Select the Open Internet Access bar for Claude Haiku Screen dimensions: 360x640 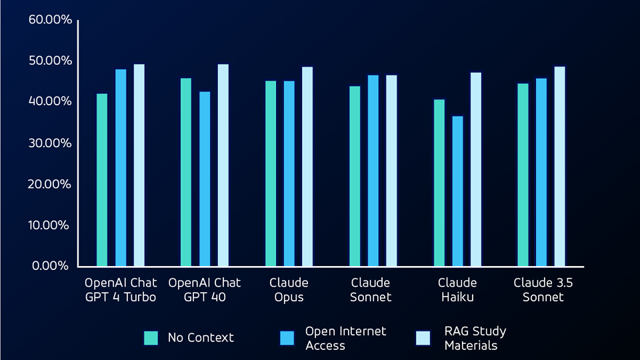click(x=457, y=191)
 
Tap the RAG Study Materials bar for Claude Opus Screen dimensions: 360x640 click(x=307, y=166)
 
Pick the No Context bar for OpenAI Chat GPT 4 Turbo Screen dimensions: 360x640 click(x=102, y=179)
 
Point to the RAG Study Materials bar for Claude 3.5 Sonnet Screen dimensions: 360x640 click(x=559, y=166)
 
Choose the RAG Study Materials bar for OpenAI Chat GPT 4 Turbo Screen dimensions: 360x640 click(x=139, y=165)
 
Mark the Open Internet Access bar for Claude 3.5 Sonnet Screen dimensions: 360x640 click(x=541, y=172)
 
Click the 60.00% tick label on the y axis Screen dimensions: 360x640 click(x=50, y=19)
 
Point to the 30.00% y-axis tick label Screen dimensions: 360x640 click(x=50, y=143)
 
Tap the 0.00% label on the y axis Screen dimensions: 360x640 click(x=53, y=266)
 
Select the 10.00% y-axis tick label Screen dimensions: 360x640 click(x=50, y=225)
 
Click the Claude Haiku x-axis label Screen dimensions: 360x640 click(x=457, y=290)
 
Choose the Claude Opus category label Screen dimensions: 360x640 click(x=289, y=290)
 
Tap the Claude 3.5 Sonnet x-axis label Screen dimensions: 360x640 click(x=543, y=290)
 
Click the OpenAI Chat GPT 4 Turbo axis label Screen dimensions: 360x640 click(x=121, y=290)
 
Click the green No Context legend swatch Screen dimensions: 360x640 click(x=151, y=338)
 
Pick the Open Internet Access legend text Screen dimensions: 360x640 click(x=345, y=338)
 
